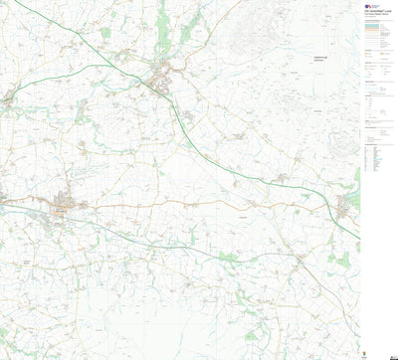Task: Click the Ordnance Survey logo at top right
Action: point(368,6)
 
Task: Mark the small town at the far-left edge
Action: point(7,98)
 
